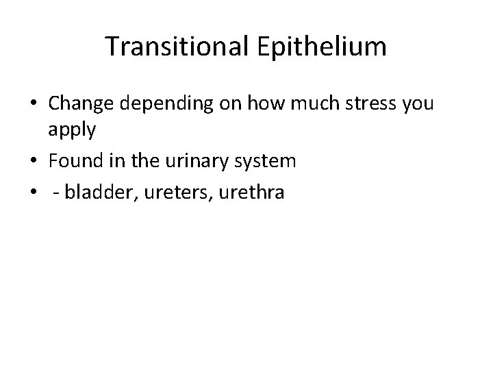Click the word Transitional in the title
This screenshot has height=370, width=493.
tap(170, 47)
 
